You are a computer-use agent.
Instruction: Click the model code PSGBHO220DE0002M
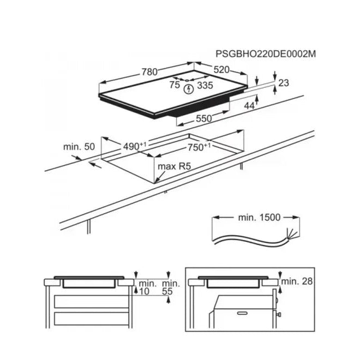[x=266, y=54]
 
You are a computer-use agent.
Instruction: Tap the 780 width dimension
[x=149, y=72]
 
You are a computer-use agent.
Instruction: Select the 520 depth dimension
[x=221, y=70]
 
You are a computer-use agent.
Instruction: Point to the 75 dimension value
[x=175, y=85]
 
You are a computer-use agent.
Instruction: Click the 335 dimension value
[x=205, y=85]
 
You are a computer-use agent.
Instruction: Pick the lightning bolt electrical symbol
[x=189, y=89]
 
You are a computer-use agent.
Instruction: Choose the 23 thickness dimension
[x=284, y=83]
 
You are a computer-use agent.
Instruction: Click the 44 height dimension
[x=249, y=106]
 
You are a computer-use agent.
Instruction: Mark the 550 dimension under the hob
[x=204, y=118]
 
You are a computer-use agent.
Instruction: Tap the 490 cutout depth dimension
[x=135, y=146]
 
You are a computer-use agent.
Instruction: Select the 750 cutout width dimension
[x=199, y=147]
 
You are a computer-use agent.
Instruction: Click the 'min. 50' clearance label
[x=79, y=147]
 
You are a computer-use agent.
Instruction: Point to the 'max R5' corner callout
[x=174, y=166]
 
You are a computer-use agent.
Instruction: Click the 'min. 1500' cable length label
[x=259, y=217]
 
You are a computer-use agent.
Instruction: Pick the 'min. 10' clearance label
[x=147, y=287]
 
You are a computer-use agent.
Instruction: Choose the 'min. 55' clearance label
[x=171, y=287]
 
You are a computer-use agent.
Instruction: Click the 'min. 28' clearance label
[x=297, y=281]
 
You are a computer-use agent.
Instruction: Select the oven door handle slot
[x=243, y=313]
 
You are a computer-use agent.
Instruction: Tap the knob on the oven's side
[x=279, y=314]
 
